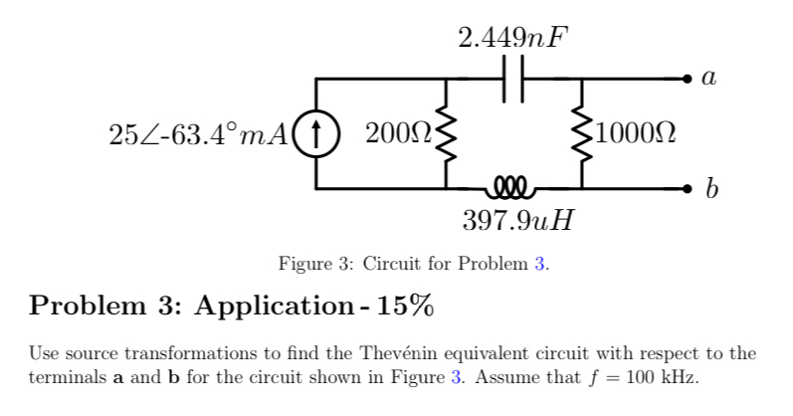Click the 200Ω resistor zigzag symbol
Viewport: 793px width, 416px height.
[445, 132]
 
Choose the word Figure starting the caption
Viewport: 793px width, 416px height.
[305, 265]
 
